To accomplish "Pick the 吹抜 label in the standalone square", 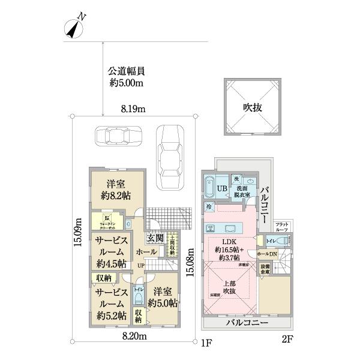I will (252, 107).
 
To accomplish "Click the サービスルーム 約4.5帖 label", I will (110, 252).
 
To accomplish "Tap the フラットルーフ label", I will (282, 227).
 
